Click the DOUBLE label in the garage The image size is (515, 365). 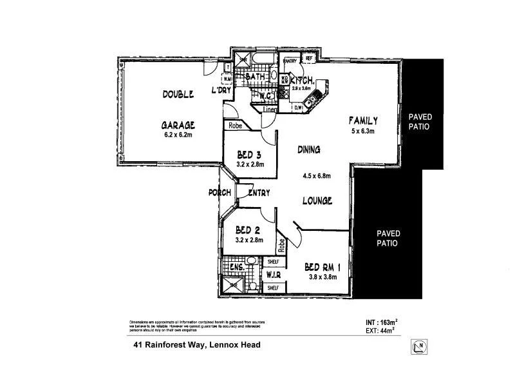tap(178, 94)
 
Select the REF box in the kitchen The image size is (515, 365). tap(309, 59)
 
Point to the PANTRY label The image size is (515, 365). tap(290, 61)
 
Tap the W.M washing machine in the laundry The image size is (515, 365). tap(227, 79)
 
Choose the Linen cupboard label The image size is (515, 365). tap(270, 110)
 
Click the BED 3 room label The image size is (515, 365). tap(248, 155)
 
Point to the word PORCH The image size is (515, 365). tap(220, 193)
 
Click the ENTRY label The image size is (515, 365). tap(258, 193)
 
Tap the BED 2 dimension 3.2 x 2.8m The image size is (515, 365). tap(248, 241)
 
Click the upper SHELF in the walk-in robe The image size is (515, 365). tap(272, 262)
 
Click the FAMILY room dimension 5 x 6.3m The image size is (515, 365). tap(362, 132)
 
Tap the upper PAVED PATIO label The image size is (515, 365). tap(420, 121)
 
